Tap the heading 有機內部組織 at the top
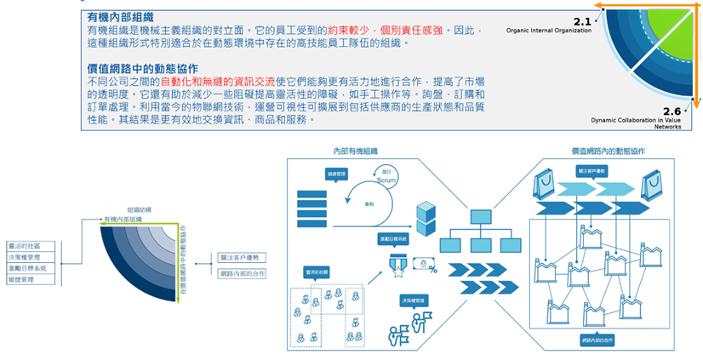pyautogui.click(x=121, y=16)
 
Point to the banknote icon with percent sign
pyautogui.click(x=423, y=267)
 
